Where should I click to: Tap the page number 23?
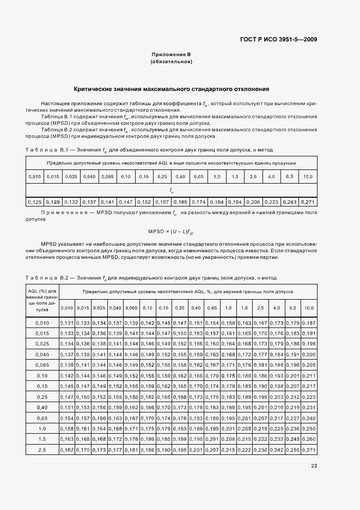314,465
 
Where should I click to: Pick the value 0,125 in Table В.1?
35,202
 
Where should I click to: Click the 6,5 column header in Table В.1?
289,177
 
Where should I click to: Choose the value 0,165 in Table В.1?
180,202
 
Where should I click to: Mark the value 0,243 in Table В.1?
289,202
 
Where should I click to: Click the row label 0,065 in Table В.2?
42,364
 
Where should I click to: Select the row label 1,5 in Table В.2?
42,439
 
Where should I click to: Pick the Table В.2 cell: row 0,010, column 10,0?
308,323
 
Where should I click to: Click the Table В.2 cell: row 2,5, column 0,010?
67,450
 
